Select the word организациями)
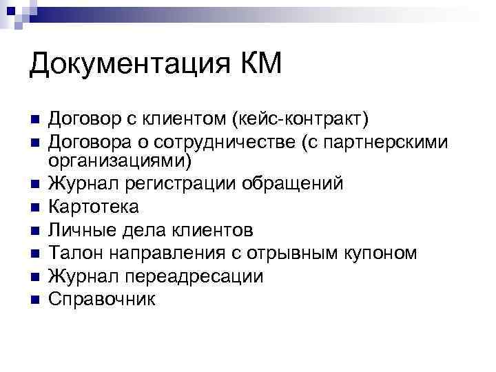pos(121,161)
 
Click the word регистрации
pos(176,184)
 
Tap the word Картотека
pos(94,207)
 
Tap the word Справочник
pos(103,299)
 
